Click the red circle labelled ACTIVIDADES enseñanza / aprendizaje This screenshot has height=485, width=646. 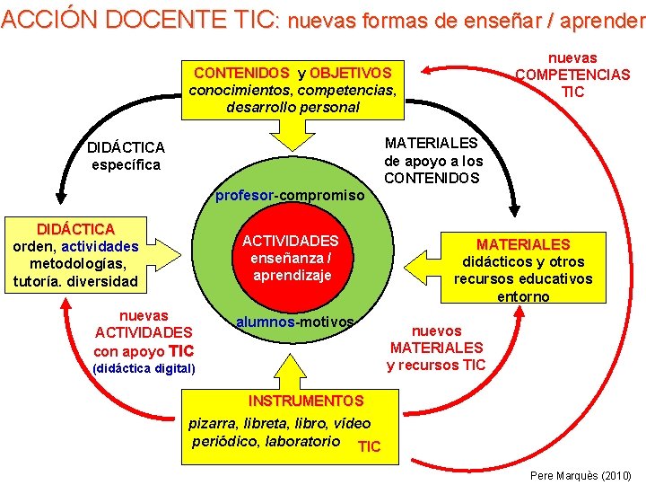290,258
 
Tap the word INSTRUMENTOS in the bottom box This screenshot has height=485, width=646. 306,401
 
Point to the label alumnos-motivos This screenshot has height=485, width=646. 294,322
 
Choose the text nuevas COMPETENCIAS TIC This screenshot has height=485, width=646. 572,75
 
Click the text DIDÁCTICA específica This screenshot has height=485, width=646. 126,155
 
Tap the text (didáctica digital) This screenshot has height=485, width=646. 144,369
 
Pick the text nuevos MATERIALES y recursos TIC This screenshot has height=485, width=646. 436,348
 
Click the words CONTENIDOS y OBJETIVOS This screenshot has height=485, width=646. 292,73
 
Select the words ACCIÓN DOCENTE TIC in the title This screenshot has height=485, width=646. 140,20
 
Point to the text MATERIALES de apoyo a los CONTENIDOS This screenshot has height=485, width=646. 432,160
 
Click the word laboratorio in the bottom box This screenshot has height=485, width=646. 302,441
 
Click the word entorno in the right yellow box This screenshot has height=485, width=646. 522,296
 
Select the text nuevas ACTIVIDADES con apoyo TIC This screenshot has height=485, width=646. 144,333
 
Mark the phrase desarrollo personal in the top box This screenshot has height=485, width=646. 292,107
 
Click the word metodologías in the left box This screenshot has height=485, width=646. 76,263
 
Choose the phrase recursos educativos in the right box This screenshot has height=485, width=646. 522,279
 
